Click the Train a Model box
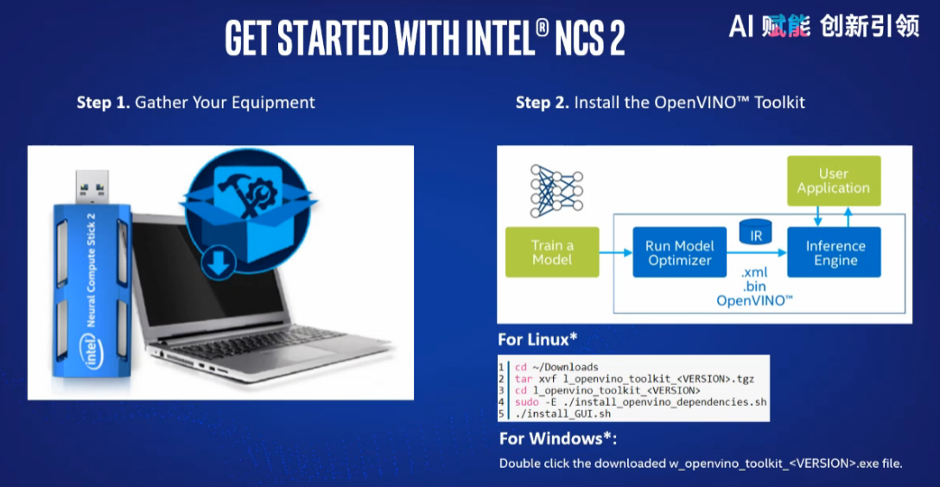[x=552, y=252]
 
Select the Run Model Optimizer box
[x=679, y=252]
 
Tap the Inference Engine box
[x=834, y=252]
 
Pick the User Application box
[x=834, y=181]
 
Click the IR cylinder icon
[x=755, y=232]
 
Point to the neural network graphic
[x=556, y=191]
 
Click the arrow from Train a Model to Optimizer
[x=616, y=253]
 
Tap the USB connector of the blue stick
[x=92, y=187]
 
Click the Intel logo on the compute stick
[x=91, y=351]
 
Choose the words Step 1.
[x=103, y=103]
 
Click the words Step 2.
[x=542, y=103]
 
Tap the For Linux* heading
[x=537, y=339]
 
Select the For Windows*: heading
[x=558, y=439]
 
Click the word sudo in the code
[x=526, y=402]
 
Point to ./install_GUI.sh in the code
[x=563, y=414]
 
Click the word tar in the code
[x=524, y=378]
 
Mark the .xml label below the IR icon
[x=754, y=273]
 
